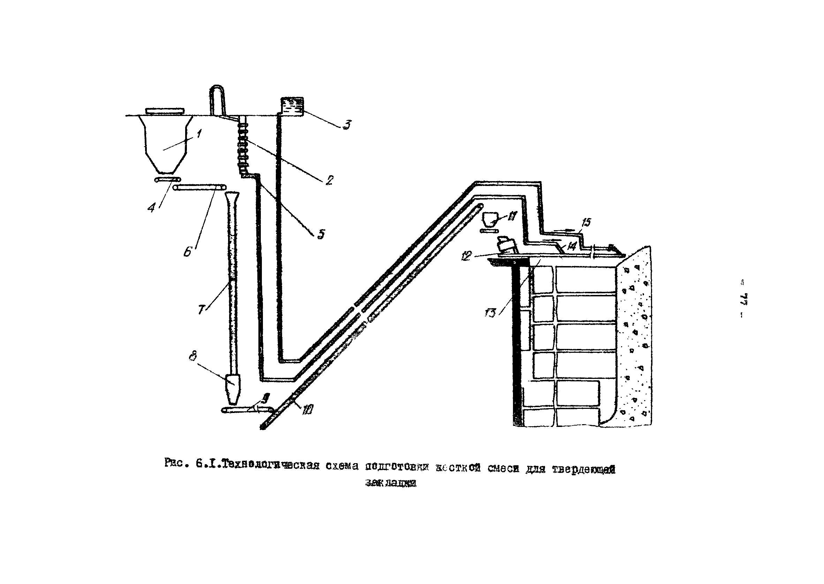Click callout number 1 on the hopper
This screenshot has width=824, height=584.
(198, 134)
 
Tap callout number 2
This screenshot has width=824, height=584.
(329, 180)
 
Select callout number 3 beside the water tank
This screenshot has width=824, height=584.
(346, 125)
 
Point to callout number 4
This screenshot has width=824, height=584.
(152, 208)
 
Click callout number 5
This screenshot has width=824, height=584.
(321, 234)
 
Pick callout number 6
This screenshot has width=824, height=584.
(188, 252)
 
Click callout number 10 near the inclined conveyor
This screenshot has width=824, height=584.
(308, 409)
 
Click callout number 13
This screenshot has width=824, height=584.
(490, 312)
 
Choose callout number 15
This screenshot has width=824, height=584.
(586, 222)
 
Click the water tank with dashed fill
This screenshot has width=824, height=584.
(292, 106)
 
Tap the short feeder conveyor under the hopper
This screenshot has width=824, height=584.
(168, 179)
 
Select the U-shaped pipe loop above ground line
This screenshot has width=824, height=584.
(216, 99)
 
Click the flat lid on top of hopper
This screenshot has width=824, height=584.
(165, 111)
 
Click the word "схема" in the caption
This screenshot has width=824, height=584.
(342, 466)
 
